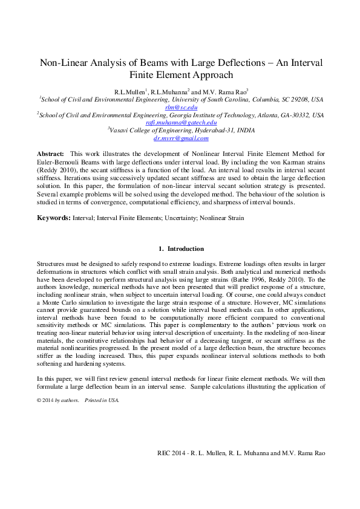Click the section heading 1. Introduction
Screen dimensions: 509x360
point(181,248)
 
